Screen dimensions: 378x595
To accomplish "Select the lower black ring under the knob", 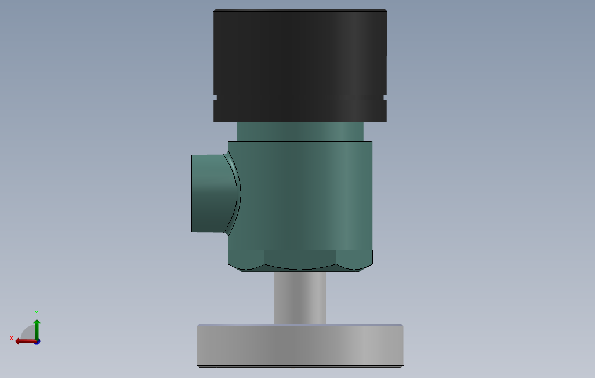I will pos(300,111).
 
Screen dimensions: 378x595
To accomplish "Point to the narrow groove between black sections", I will pos(300,97).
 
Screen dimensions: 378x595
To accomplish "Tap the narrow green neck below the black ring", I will pos(300,132).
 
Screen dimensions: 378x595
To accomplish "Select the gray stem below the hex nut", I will pos(300,297).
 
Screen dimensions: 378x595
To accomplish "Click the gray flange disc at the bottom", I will pos(300,345).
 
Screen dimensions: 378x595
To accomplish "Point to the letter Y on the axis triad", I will pos(37,312).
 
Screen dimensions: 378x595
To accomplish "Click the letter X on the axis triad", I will pos(12,338).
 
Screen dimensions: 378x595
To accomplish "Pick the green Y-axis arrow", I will pos(37,328).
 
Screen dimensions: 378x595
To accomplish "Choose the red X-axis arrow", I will pos(24,341).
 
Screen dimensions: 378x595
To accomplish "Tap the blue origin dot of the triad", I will pos(37,341).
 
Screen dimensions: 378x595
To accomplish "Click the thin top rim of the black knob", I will pos(300,10).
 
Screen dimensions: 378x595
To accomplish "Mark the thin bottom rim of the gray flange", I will pos(300,366).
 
